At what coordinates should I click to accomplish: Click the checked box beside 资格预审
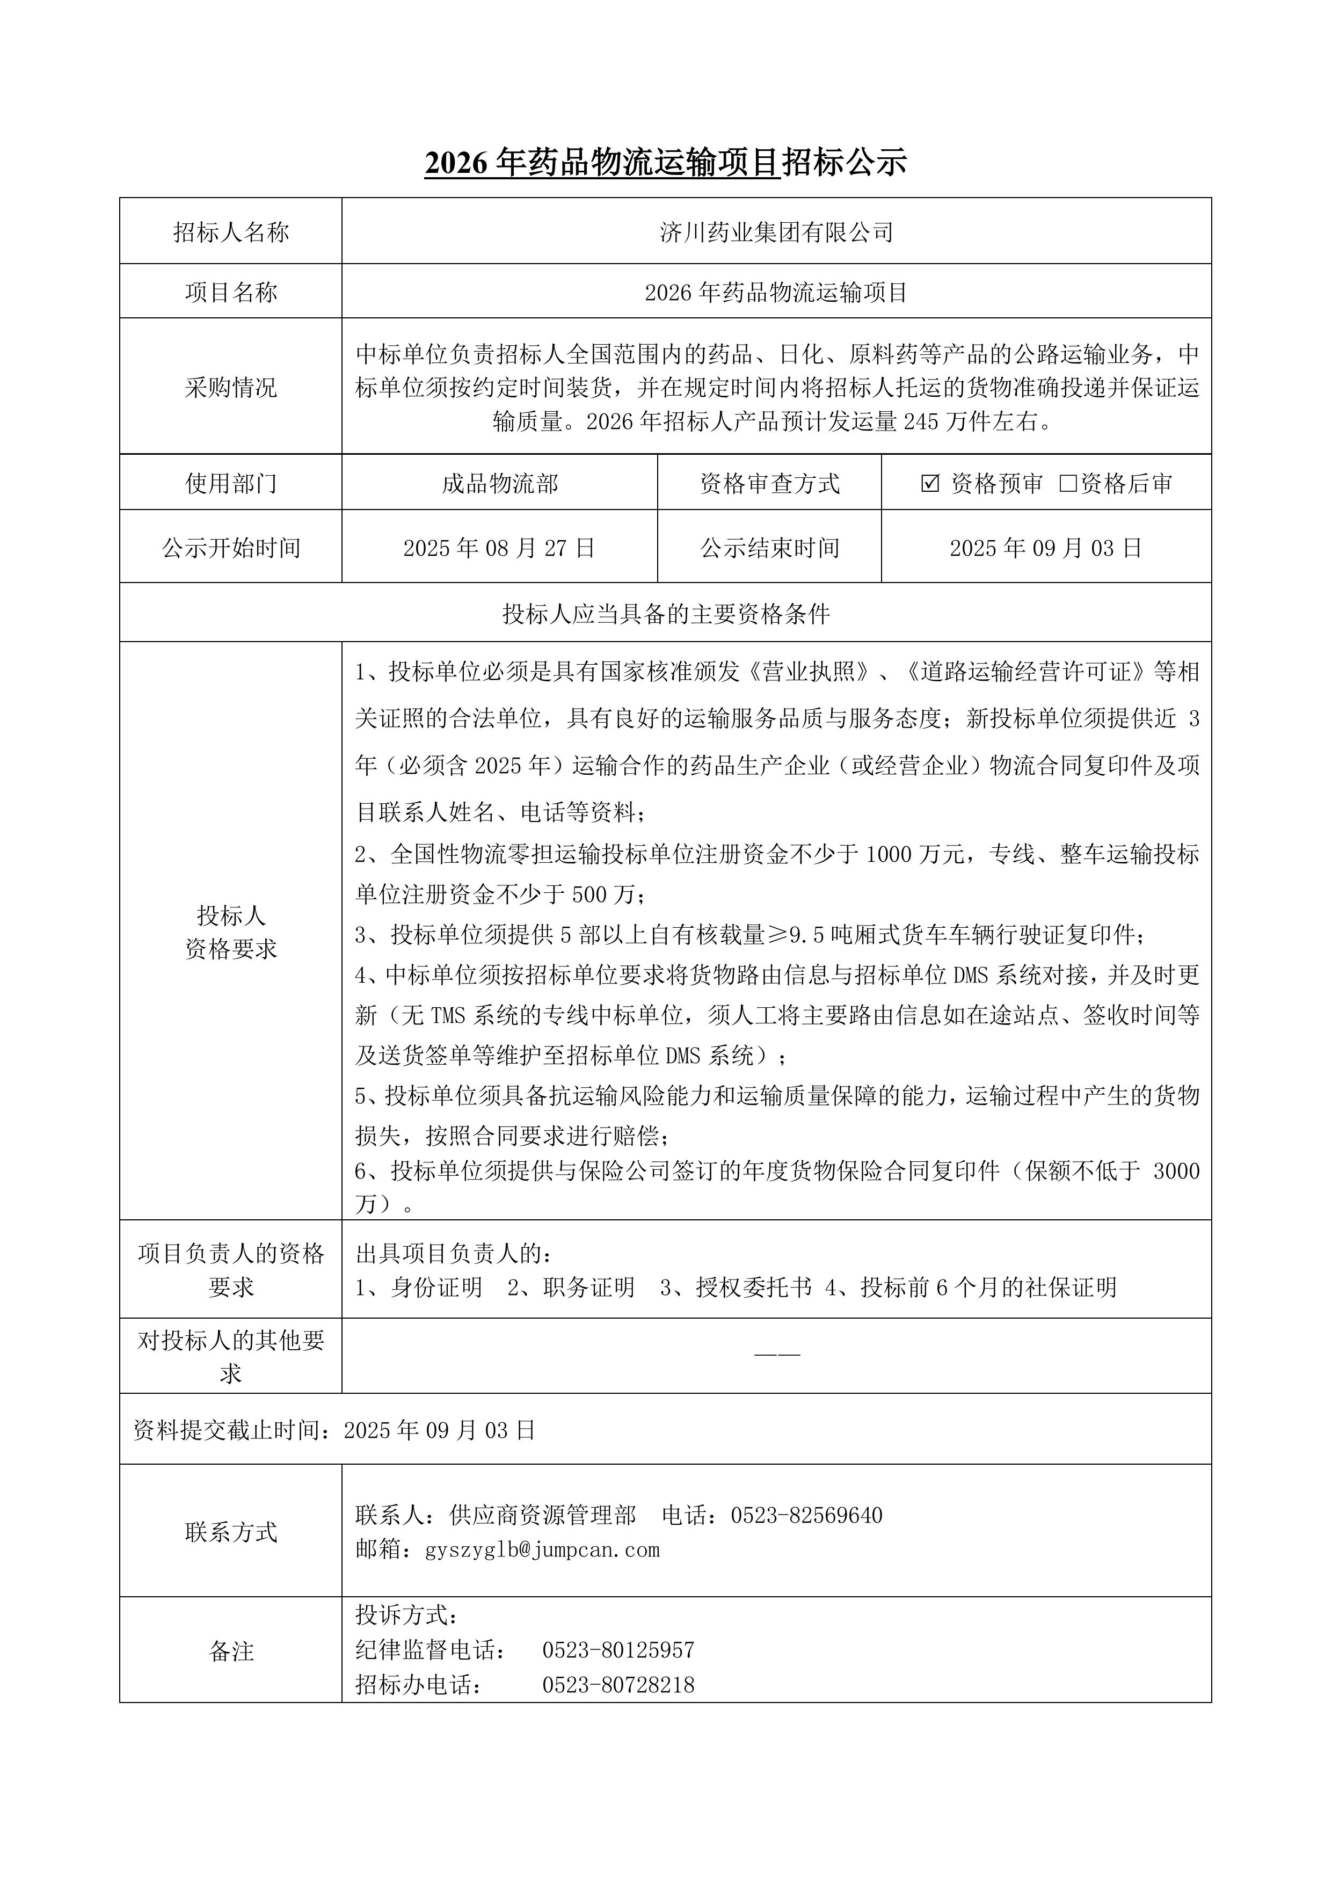[930, 483]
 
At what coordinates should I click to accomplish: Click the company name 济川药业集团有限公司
[776, 232]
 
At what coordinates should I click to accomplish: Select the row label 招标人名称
[231, 232]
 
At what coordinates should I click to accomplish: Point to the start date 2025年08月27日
[499, 548]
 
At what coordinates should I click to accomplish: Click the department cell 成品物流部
[499, 483]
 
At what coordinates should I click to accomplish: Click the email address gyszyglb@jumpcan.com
[542, 1549]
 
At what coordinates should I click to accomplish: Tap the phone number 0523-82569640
[807, 1515]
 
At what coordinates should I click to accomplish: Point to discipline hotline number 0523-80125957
[618, 1649]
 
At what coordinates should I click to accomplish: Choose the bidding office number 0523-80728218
[618, 1685]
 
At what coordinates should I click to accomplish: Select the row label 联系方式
[231, 1531]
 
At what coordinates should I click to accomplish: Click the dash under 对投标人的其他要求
[776, 1353]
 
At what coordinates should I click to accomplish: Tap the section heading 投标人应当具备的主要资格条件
[666, 613]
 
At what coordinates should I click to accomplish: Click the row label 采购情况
[231, 387]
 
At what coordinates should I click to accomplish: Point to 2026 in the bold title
[456, 163]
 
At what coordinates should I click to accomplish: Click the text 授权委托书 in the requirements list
[753, 1286]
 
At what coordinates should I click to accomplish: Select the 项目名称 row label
[231, 292]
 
